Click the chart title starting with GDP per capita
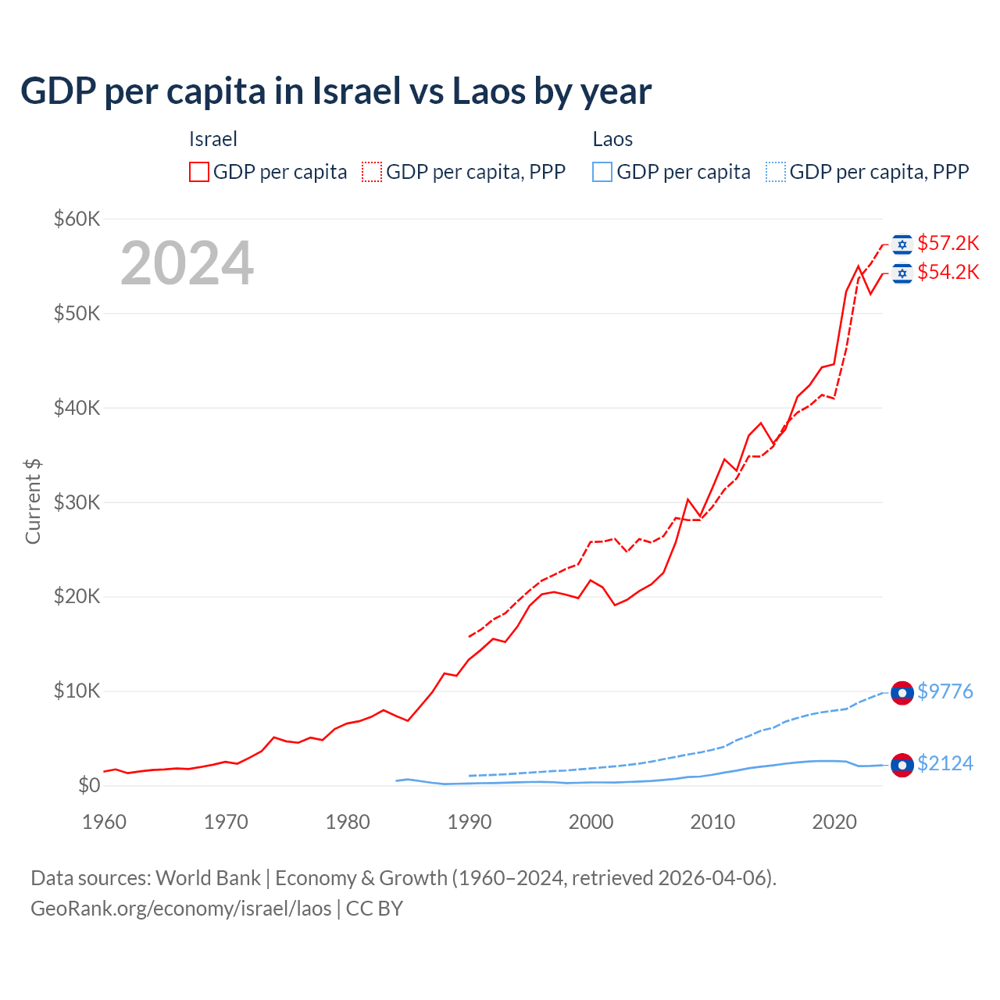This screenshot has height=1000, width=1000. coord(336,91)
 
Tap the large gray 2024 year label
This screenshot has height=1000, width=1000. coord(187,263)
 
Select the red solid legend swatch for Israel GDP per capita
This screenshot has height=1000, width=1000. coord(199,172)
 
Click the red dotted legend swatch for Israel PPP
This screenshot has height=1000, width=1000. coord(372,172)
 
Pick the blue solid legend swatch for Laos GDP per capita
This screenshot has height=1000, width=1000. coord(602,172)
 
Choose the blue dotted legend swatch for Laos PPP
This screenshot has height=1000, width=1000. coord(776,172)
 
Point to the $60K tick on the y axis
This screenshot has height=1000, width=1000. coord(77,219)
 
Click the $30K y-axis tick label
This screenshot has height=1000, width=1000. coord(77,502)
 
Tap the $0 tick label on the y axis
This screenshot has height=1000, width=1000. coord(89,785)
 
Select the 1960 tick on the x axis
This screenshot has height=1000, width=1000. coord(105,822)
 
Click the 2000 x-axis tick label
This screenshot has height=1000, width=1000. coord(591,822)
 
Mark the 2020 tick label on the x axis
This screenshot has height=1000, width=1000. coord(834,822)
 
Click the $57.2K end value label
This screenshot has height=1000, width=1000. coord(948,244)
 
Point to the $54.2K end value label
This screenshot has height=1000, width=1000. coord(948,272)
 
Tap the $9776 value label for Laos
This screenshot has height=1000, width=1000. coord(945,692)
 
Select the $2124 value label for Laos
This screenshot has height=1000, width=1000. coord(945,763)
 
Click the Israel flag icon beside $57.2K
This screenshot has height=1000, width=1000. coord(902,245)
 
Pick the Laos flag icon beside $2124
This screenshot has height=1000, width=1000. coord(902,765)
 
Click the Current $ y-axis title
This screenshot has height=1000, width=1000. coord(33,502)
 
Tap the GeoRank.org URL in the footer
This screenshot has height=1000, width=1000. coord(181,909)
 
